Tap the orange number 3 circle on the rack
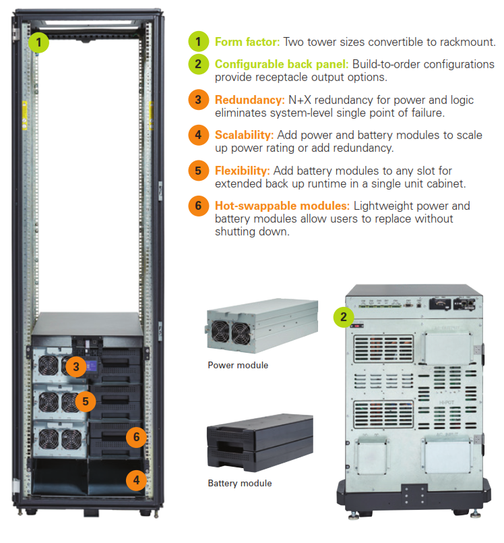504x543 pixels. tap(76, 367)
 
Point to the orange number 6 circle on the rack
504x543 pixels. tap(136, 437)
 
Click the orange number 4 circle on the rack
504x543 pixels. tap(136, 481)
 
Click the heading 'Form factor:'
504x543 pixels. tap(247, 42)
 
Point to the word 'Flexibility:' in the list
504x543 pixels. tap(243, 170)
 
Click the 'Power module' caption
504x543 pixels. tap(238, 365)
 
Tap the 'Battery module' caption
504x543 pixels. tap(240, 483)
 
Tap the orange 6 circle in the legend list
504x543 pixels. tap(199, 206)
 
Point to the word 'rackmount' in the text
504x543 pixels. tap(470, 42)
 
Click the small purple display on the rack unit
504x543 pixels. tap(94, 366)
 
